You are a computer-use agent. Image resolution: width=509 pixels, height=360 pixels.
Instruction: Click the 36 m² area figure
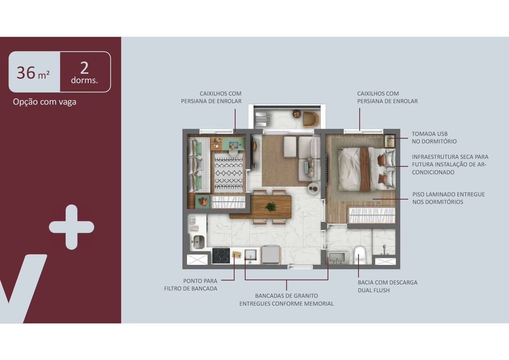point(33,73)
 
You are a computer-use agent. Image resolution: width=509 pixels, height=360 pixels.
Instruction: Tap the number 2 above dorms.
point(84,68)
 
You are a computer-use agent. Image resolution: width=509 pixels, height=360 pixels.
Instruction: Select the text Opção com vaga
point(45,102)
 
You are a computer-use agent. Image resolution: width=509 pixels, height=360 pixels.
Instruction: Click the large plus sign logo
point(72,227)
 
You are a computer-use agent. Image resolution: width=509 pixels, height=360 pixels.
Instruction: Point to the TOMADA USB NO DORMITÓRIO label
point(434,138)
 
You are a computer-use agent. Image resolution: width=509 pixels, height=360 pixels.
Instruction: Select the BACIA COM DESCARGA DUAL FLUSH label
point(388,286)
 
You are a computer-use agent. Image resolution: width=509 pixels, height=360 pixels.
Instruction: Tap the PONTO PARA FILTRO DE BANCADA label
point(190,285)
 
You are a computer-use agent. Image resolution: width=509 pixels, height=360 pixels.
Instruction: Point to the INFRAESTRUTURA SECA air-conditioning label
point(450,164)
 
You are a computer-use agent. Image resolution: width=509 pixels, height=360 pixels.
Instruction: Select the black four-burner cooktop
point(221,256)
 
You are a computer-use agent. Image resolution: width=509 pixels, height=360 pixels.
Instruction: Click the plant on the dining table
point(270,207)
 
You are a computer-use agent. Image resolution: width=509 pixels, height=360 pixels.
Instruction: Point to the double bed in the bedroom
point(366,169)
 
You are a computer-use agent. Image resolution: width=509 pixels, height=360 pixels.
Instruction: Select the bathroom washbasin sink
point(337,257)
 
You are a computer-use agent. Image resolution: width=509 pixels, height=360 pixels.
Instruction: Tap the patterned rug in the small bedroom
point(229,171)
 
